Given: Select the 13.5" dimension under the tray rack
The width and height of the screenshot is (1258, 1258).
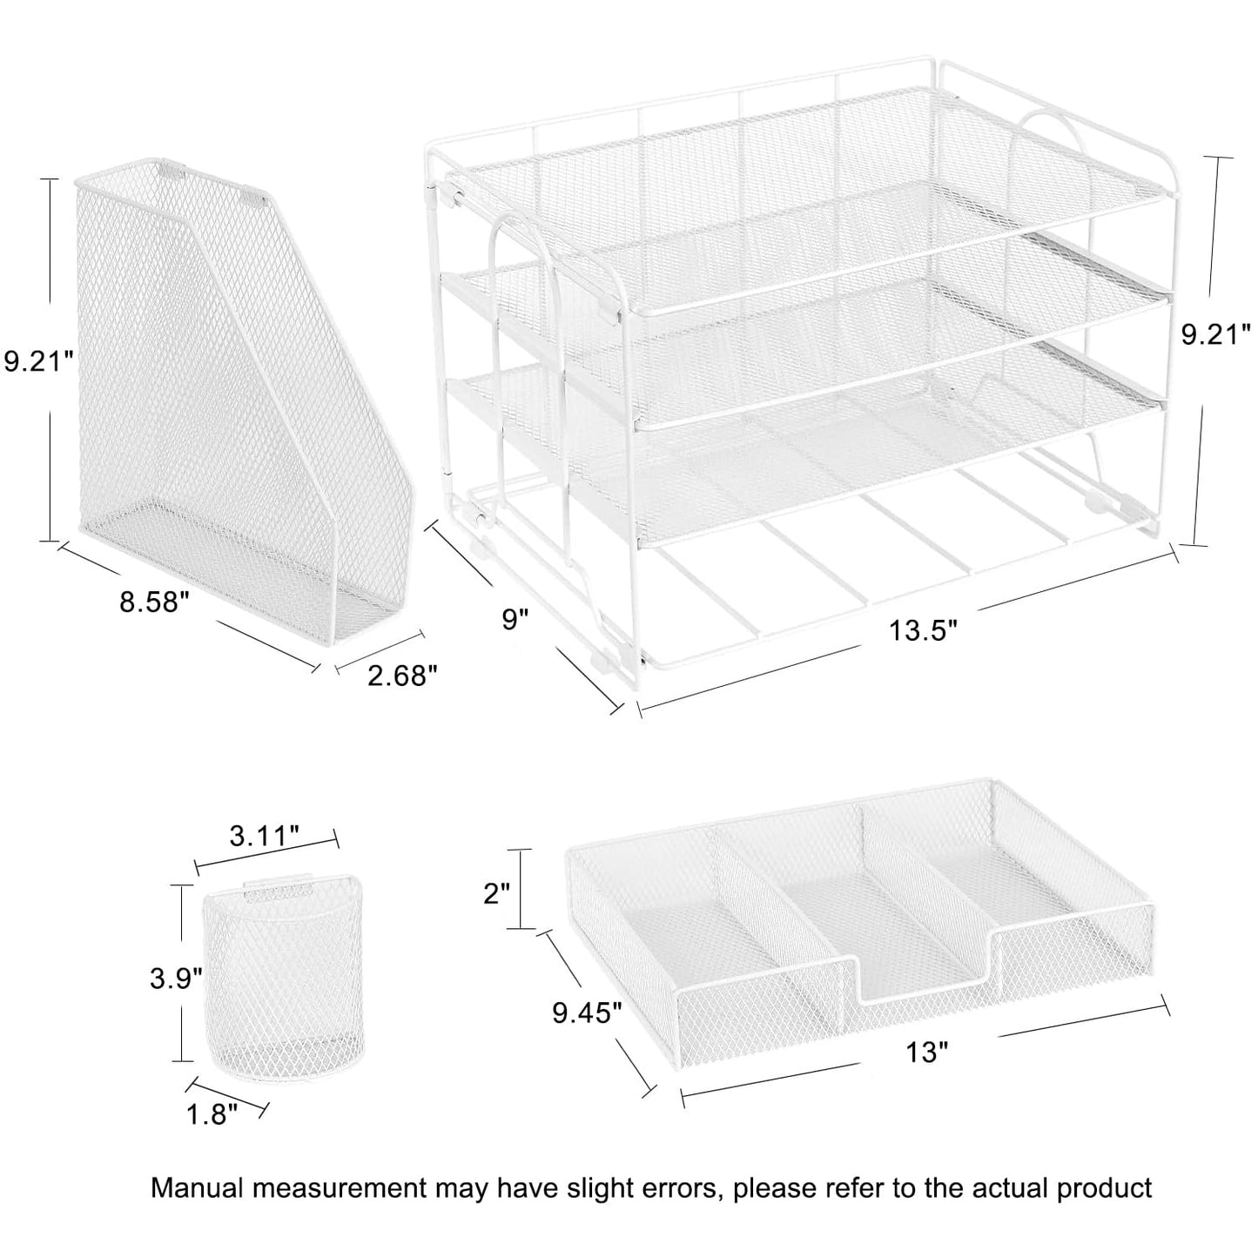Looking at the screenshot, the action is click(923, 630).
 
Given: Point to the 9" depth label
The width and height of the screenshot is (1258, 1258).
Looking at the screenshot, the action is click(515, 619).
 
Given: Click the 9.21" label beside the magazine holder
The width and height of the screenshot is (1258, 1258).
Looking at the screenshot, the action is click(37, 360).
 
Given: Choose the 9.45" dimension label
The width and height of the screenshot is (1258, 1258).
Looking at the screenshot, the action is click(587, 1012).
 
